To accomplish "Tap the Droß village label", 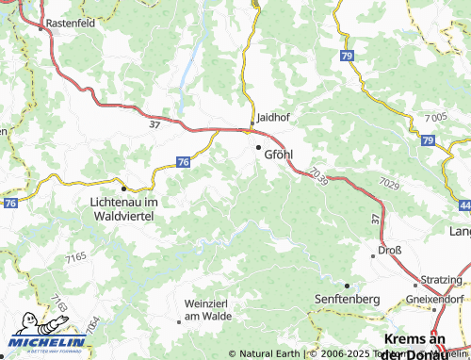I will (389, 251).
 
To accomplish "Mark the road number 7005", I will (435, 117).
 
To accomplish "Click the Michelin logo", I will (44, 342).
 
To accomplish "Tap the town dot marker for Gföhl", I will (258, 147).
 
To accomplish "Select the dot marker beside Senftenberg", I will (347, 285).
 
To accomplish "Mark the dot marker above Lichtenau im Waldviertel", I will (123, 188).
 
